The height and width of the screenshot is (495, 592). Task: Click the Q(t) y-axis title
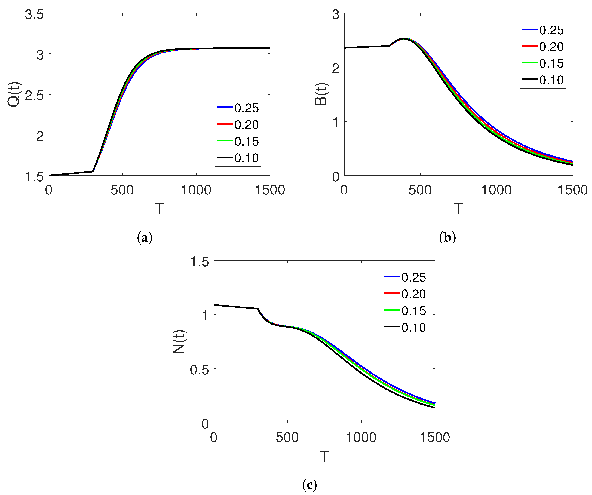(x=14, y=94)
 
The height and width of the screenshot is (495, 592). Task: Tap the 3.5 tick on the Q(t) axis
(x=34, y=14)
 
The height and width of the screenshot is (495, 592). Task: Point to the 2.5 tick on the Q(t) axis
(x=34, y=96)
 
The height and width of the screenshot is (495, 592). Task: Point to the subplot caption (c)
(x=310, y=484)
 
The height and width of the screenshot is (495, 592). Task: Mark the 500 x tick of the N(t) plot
(x=287, y=438)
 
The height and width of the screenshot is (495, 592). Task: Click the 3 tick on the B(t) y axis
(x=336, y=14)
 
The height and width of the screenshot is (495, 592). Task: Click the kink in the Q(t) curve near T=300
(x=93, y=171)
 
